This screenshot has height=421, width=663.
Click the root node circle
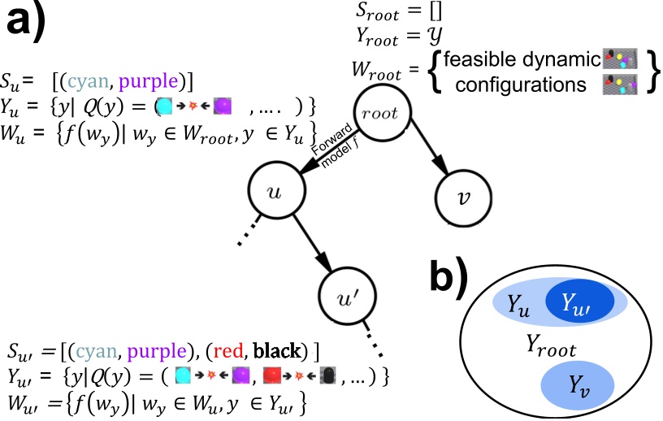coord(380,113)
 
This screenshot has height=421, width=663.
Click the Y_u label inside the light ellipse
coord(519,305)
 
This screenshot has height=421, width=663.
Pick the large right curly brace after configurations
coord(650,71)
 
